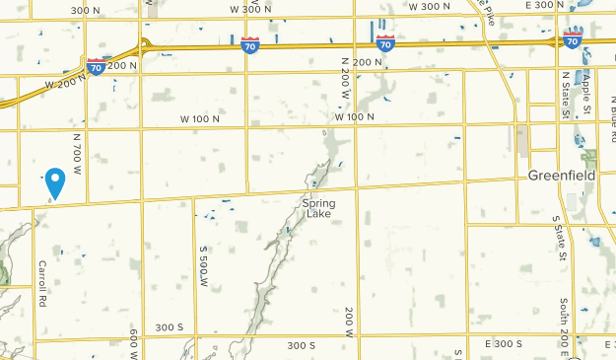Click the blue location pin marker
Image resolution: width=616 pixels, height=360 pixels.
click(x=55, y=181)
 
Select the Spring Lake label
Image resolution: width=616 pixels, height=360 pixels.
click(x=319, y=208)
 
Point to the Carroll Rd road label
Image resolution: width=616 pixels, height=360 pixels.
click(x=42, y=279)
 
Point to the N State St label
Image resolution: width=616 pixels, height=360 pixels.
click(x=565, y=94)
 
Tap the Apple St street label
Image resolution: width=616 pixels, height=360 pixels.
click(x=586, y=88)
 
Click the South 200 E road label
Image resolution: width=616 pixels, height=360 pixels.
click(x=563, y=320)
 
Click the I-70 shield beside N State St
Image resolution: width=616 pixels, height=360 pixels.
click(x=572, y=40)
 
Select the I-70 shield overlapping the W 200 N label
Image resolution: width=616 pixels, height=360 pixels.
click(x=96, y=65)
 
